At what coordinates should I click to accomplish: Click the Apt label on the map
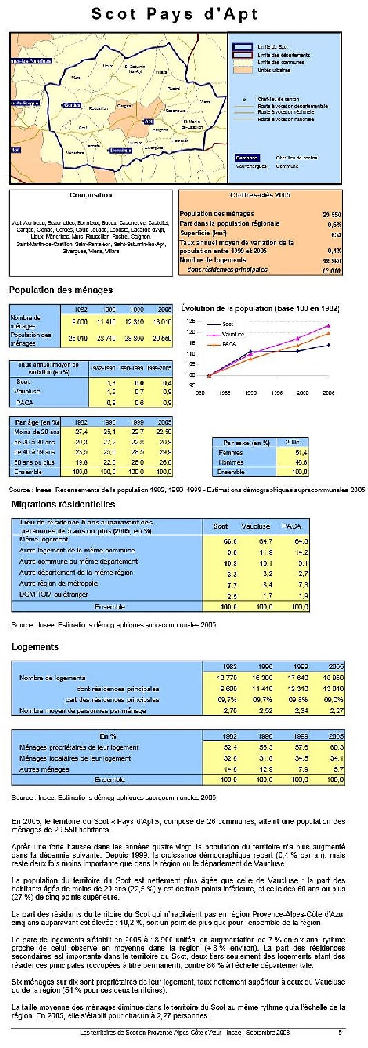coord(149,121)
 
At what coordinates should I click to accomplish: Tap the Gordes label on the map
coord(72,105)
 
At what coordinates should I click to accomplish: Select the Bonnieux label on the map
coord(120,150)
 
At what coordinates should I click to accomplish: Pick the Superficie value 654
coord(336,234)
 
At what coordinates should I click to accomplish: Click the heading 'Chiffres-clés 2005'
coord(260,195)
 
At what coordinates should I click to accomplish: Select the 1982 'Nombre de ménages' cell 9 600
coord(80,322)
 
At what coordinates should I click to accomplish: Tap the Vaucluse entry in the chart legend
coord(233,334)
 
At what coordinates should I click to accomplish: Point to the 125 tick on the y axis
coord(190,320)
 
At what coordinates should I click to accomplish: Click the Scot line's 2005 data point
coord(328,345)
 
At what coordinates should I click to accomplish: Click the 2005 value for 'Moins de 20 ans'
coord(163,432)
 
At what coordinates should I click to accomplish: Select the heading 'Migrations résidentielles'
coord(63,504)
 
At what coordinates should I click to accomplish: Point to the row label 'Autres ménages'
coord(44,769)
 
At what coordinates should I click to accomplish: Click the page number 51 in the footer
coord(341,1032)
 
